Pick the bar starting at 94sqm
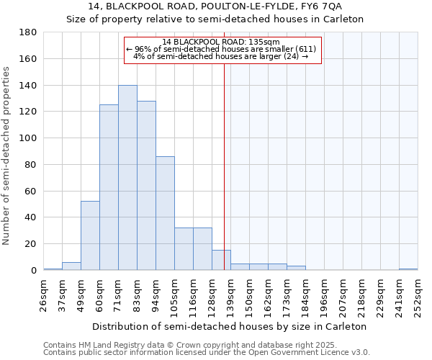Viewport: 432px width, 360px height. (x=165, y=213)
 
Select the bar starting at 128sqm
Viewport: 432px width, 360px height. (x=221, y=260)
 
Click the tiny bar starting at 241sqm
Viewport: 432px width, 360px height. (x=408, y=269)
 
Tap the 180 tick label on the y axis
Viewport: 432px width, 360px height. (x=28, y=32)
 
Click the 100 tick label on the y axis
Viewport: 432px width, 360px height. (x=28, y=138)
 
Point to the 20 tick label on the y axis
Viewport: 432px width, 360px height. (x=31, y=244)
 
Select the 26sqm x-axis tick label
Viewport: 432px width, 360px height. (x=44, y=295)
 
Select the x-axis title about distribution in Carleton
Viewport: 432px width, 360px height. (x=230, y=326)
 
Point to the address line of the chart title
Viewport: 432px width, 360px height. (x=215, y=6)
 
